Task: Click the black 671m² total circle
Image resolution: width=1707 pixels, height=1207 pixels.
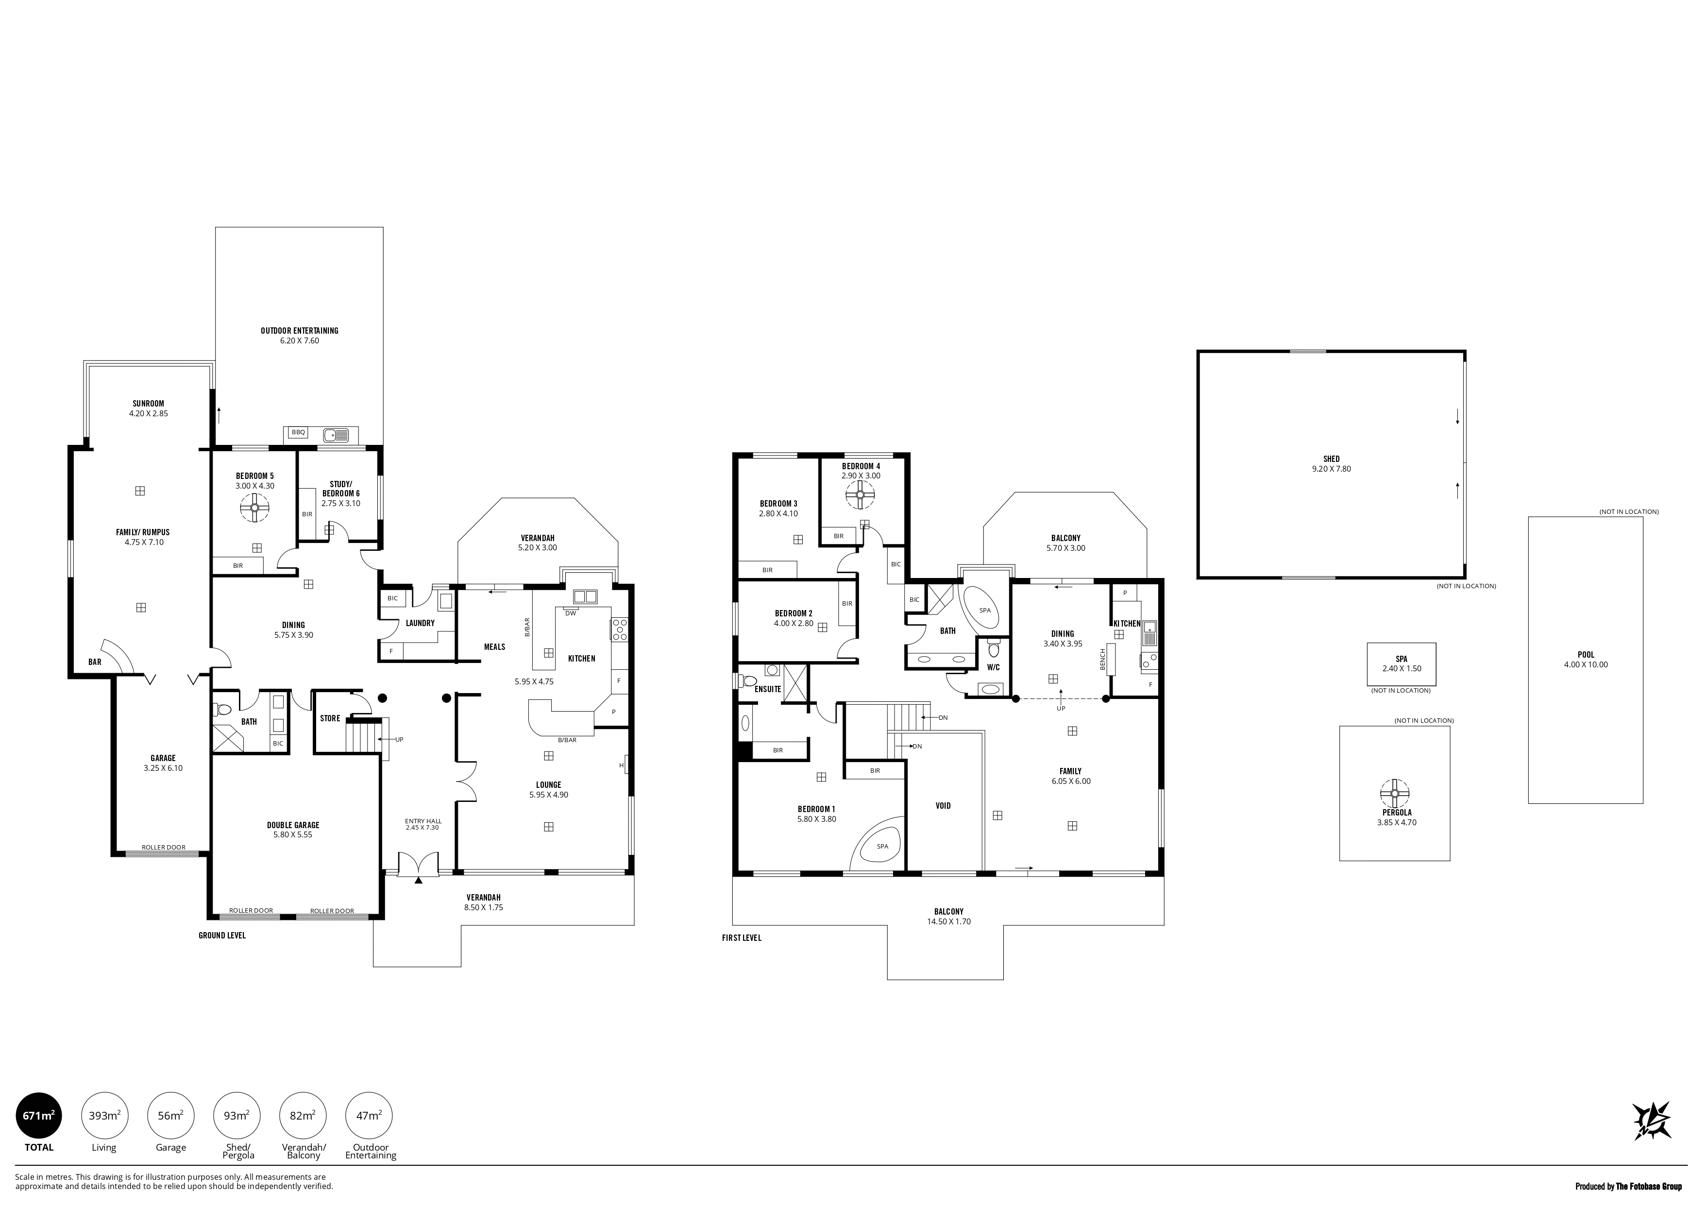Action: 39,1116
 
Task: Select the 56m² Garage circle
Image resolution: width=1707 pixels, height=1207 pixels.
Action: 171,1116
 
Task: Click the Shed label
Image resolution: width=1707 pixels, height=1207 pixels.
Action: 1332,459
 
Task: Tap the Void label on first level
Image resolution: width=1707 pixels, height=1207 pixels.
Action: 943,805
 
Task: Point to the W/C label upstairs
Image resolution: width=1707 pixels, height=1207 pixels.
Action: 993,667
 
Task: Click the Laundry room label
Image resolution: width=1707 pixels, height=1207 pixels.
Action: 420,623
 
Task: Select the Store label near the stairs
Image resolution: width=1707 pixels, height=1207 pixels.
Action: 330,718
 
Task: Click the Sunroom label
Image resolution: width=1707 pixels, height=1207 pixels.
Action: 149,404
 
